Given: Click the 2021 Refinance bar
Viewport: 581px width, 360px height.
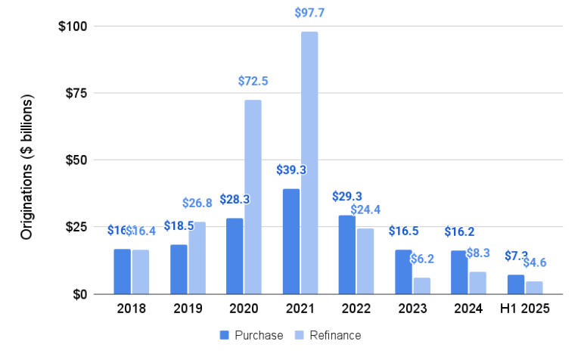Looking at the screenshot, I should pyautogui.click(x=309, y=163).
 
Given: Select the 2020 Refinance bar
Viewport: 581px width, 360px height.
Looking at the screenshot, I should pyautogui.click(x=253, y=197).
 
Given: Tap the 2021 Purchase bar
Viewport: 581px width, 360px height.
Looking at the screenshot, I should pyautogui.click(x=290, y=241).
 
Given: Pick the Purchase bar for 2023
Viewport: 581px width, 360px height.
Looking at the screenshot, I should pyautogui.click(x=403, y=272).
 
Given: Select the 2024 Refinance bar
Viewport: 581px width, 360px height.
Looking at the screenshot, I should pyautogui.click(x=477, y=283).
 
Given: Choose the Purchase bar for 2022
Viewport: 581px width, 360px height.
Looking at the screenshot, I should pyautogui.click(x=346, y=255).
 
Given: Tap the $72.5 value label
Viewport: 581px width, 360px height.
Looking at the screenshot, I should pyautogui.click(x=253, y=80).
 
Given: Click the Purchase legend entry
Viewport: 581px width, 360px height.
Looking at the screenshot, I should pyautogui.click(x=251, y=335).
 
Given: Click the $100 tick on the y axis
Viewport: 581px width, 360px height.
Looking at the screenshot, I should pyautogui.click(x=73, y=26).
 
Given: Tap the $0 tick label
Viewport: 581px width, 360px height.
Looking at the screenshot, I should pyautogui.click(x=79, y=294).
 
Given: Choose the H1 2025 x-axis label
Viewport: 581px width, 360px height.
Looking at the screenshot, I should pyautogui.click(x=525, y=309).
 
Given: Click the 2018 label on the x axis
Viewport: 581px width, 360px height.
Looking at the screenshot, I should pyautogui.click(x=131, y=309).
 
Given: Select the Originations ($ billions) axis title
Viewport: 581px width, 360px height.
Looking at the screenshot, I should pyautogui.click(x=27, y=168).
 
